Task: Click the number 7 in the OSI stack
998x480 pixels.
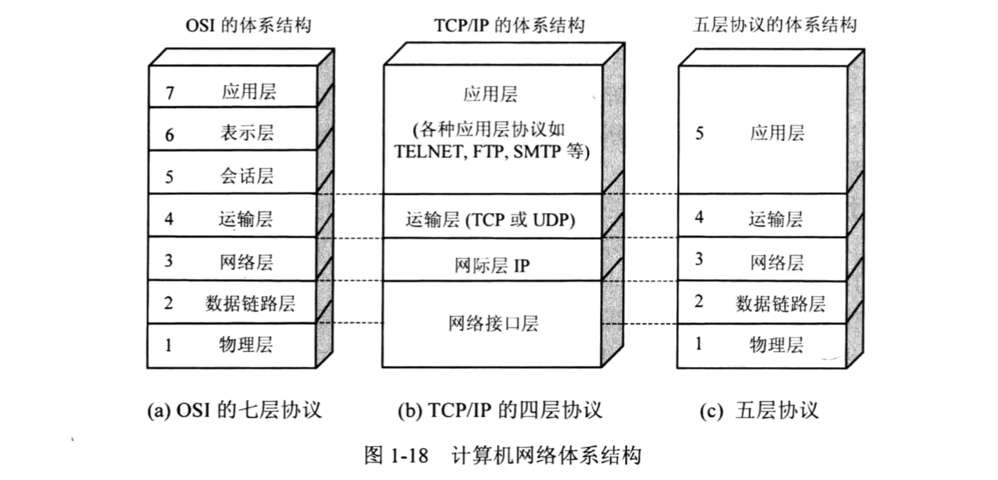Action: pyautogui.click(x=170, y=93)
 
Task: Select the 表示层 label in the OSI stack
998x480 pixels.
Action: pyautogui.click(x=248, y=133)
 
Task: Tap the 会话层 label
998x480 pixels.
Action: pyautogui.click(x=248, y=176)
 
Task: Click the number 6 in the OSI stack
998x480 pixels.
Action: pyautogui.click(x=170, y=135)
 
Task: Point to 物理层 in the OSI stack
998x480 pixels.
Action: pyautogui.click(x=248, y=344)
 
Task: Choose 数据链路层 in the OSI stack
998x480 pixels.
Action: pyautogui.click(x=251, y=303)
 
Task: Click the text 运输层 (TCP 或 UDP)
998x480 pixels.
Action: pyautogui.click(x=491, y=220)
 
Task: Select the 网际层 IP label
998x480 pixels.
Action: pyautogui.click(x=493, y=264)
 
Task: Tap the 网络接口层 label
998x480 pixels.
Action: pyautogui.click(x=493, y=323)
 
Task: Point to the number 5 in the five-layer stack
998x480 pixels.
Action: pyautogui.click(x=699, y=133)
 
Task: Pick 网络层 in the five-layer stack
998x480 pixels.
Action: pyautogui.click(x=777, y=261)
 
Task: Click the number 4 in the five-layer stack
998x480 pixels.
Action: pyautogui.click(x=699, y=218)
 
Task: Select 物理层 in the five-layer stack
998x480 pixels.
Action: pyautogui.click(x=777, y=344)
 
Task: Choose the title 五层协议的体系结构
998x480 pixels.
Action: pyautogui.click(x=774, y=26)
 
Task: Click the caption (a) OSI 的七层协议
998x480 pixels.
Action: pyautogui.click(x=235, y=410)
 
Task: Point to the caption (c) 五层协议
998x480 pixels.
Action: pyautogui.click(x=759, y=410)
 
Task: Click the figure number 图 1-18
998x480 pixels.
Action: pyautogui.click(x=397, y=456)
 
